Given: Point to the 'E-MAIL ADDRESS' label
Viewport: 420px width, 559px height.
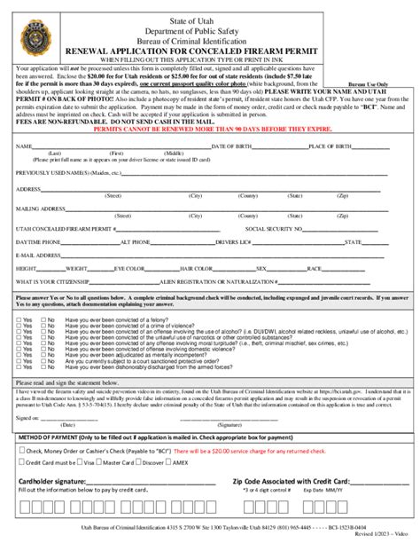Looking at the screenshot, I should tap(38, 254).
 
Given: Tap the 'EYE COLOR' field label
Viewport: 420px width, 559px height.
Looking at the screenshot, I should tap(129, 267).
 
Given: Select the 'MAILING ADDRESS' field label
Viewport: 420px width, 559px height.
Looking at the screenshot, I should tap(41, 209).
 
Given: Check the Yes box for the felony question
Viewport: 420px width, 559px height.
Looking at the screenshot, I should tap(20, 319).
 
